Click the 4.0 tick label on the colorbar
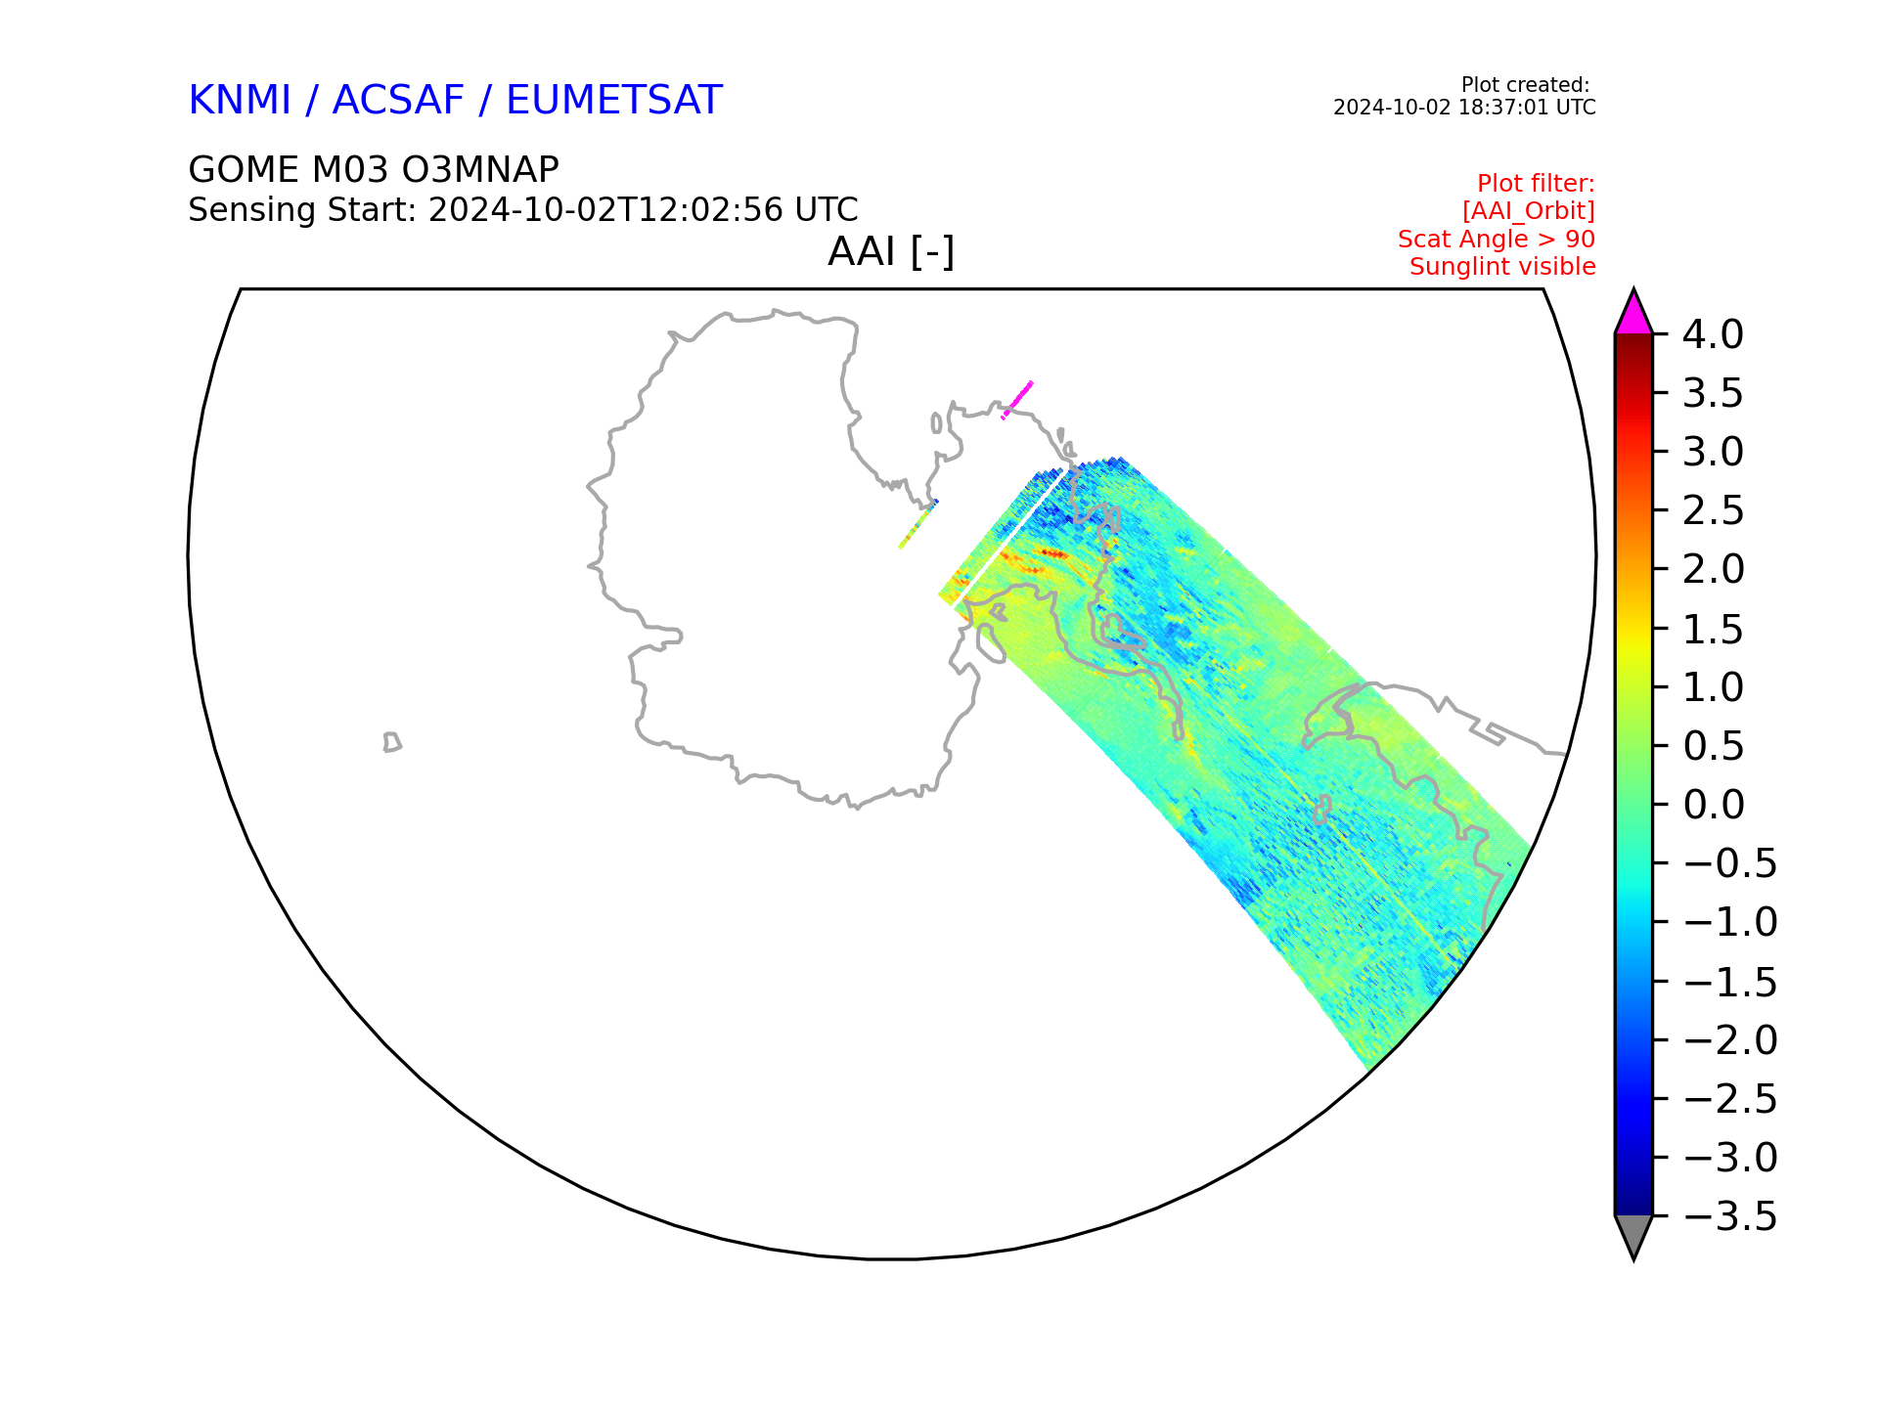(x=1713, y=334)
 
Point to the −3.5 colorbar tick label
(x=1730, y=1217)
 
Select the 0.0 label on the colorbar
(x=1714, y=805)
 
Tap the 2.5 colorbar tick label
(x=1714, y=510)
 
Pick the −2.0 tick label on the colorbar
(x=1730, y=1040)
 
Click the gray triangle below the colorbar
(x=1633, y=1236)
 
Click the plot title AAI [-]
(x=891, y=252)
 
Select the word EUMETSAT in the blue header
(x=614, y=100)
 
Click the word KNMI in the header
(x=240, y=100)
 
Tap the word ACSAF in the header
(x=398, y=100)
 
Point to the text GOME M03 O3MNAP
(x=374, y=170)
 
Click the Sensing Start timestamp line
(x=523, y=210)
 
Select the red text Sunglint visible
(x=1502, y=266)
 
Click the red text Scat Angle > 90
(x=1497, y=239)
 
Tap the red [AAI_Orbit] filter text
(x=1529, y=211)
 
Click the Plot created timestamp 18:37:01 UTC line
(x=1464, y=108)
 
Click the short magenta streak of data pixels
(x=1017, y=400)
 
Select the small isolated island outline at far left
(x=392, y=742)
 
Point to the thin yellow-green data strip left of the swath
(x=918, y=525)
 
